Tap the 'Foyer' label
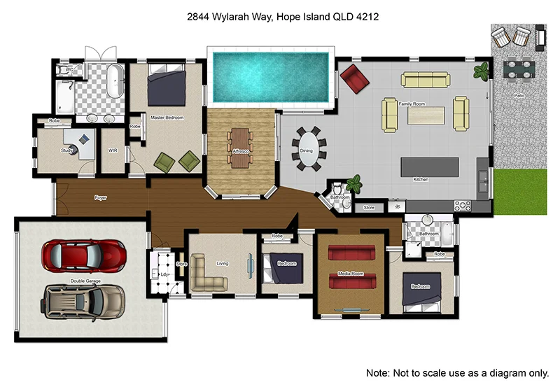click(x=101, y=198)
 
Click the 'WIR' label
click(x=113, y=150)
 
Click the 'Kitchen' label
click(x=421, y=180)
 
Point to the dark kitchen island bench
click(x=429, y=167)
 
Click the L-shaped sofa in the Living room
click(x=209, y=275)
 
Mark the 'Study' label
click(x=67, y=150)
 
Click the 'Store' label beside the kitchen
click(x=369, y=208)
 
